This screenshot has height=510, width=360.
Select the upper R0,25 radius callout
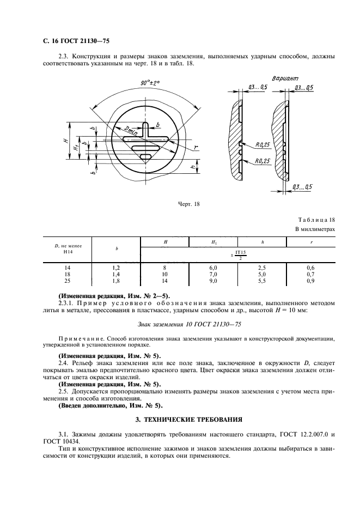pyautogui.click(x=263, y=144)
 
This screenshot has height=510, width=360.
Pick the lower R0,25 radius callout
pyautogui.click(x=263, y=161)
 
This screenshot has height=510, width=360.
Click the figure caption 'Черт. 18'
pyautogui.click(x=190, y=204)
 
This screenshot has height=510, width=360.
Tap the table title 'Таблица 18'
pyautogui.click(x=316, y=220)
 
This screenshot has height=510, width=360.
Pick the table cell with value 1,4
pyautogui.click(x=116, y=274)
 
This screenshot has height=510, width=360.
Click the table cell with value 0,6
pyautogui.click(x=310, y=268)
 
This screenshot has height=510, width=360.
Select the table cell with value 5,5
pyautogui.click(x=262, y=281)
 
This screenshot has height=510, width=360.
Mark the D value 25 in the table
pyautogui.click(x=68, y=281)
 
